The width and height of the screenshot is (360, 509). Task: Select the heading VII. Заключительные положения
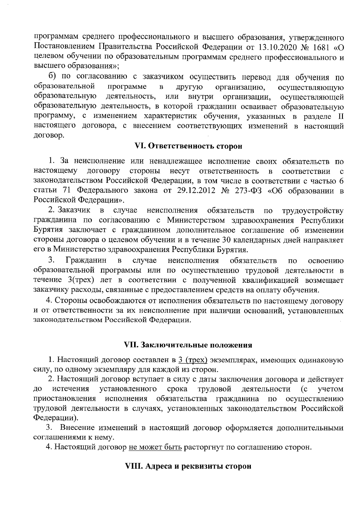point(188,345)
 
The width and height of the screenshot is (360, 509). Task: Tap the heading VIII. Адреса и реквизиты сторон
point(188,467)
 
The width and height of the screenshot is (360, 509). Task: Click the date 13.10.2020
point(272,47)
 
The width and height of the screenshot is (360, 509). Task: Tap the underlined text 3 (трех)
point(193,360)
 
